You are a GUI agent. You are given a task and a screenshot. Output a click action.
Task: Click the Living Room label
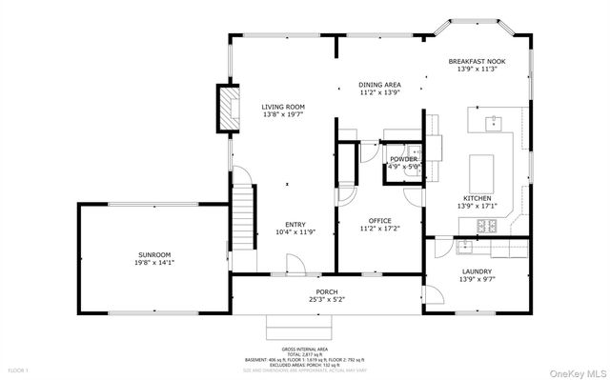tap(283, 107)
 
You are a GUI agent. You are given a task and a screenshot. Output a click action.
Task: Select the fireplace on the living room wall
tap(228, 106)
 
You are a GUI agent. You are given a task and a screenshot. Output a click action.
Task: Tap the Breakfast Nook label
tap(477, 62)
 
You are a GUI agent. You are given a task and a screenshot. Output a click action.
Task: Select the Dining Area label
tap(378, 85)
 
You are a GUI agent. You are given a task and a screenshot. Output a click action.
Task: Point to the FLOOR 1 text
tap(19, 369)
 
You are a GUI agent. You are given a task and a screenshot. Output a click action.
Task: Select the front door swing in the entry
tap(296, 264)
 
